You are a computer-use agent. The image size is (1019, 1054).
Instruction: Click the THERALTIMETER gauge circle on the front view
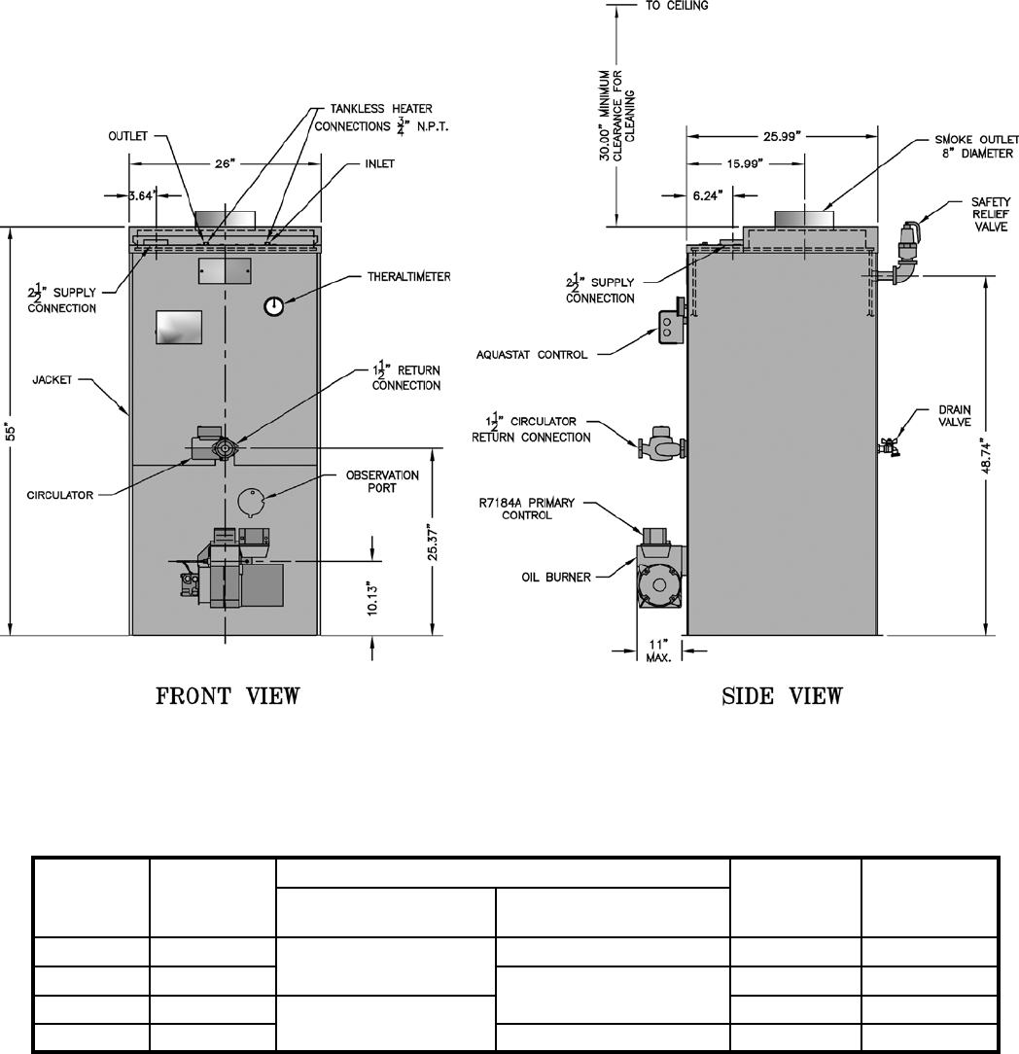pyautogui.click(x=274, y=306)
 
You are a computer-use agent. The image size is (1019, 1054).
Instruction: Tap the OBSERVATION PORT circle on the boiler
pyautogui.click(x=252, y=500)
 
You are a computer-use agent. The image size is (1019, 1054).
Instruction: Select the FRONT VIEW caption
pyautogui.click(x=229, y=696)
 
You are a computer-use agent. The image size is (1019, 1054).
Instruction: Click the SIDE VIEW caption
pyautogui.click(x=782, y=696)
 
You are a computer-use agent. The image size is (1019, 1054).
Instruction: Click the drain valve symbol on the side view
pyautogui.click(x=887, y=447)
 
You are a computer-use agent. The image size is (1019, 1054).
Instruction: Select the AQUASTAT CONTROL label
pyautogui.click(x=532, y=355)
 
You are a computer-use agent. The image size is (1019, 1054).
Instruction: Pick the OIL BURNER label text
pyautogui.click(x=555, y=577)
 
